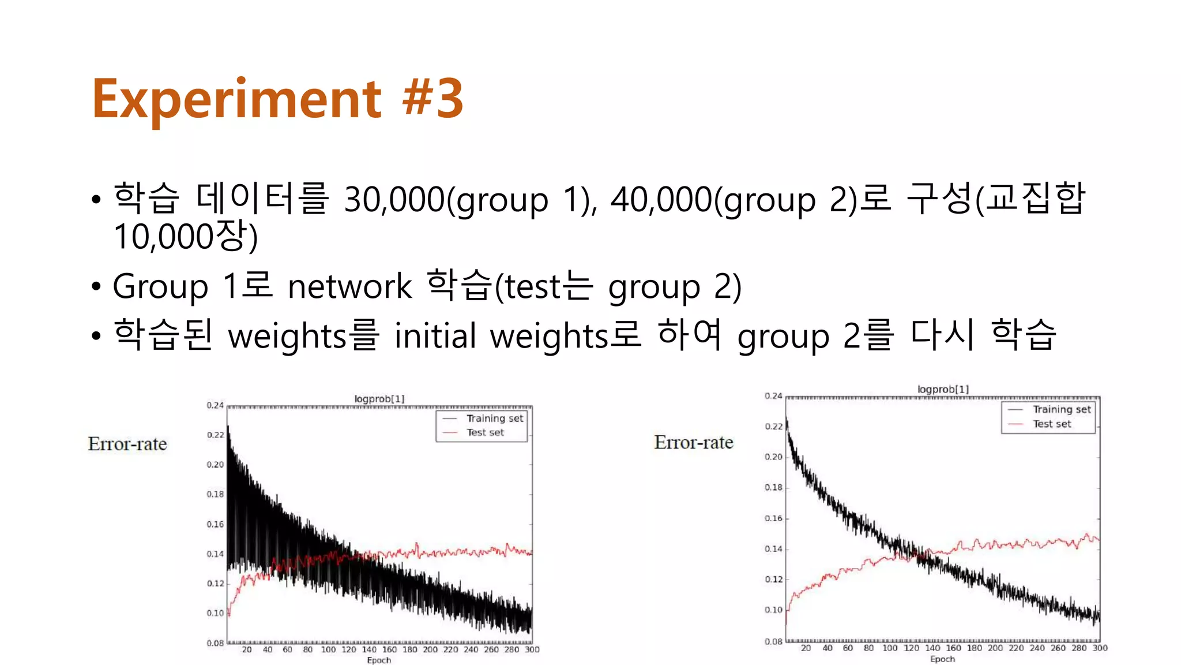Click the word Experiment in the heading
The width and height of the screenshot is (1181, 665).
click(x=236, y=99)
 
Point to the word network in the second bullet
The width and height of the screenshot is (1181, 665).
click(x=349, y=286)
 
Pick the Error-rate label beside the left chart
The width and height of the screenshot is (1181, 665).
click(x=127, y=444)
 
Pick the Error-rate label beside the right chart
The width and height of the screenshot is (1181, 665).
click(x=694, y=442)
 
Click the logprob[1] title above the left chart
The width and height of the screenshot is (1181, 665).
click(x=379, y=399)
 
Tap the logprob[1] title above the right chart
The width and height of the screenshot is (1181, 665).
click(x=943, y=390)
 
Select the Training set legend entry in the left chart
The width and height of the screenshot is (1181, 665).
click(x=494, y=419)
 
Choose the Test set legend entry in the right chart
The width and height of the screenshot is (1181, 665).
click(x=1051, y=424)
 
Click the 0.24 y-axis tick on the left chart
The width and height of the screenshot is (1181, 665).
click(x=215, y=405)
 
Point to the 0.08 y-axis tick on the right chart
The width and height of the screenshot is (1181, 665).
click(x=773, y=641)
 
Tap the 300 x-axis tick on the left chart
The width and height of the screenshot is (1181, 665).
click(x=532, y=649)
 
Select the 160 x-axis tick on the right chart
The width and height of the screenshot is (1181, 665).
click(x=953, y=648)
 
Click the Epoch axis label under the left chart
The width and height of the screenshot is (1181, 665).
click(x=379, y=660)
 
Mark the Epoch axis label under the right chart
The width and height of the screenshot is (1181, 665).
click(x=942, y=659)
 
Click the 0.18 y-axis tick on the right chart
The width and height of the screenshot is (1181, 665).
click(x=773, y=487)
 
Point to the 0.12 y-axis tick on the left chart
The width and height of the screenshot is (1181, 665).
click(x=215, y=584)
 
